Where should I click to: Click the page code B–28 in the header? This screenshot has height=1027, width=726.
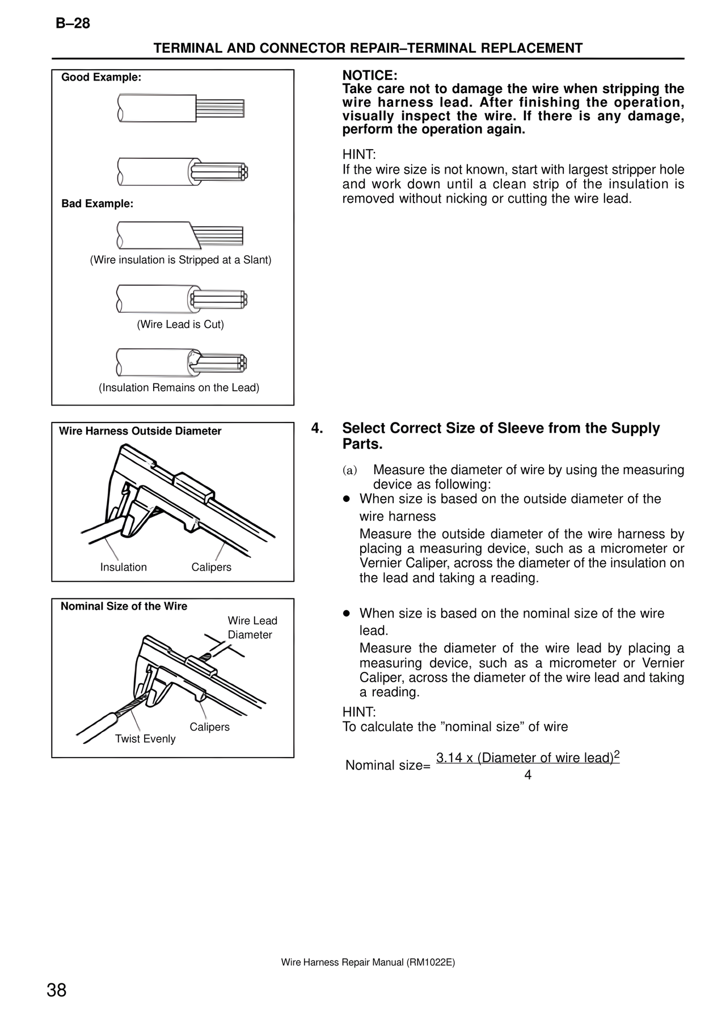click(73, 24)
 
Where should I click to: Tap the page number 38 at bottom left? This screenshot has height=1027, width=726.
click(57, 991)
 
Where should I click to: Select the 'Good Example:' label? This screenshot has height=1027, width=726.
click(101, 78)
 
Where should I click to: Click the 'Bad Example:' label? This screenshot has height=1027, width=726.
click(97, 204)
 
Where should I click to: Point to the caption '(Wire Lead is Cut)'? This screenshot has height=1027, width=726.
click(180, 324)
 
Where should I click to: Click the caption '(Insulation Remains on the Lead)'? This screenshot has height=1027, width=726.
click(179, 388)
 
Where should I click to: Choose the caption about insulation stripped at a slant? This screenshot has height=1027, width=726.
click(180, 260)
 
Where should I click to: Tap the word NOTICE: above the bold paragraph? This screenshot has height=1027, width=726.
click(370, 75)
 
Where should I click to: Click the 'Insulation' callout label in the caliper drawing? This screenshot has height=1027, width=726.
click(123, 567)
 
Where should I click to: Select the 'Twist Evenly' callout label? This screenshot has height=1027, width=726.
click(145, 739)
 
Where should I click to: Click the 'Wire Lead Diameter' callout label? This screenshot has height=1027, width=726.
click(252, 628)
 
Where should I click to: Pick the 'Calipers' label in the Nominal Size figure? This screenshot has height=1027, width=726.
click(209, 727)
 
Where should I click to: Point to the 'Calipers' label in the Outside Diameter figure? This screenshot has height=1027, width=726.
click(211, 567)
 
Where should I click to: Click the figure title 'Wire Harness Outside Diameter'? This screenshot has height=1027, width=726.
click(140, 431)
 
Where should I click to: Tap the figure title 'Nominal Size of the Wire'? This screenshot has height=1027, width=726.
click(124, 606)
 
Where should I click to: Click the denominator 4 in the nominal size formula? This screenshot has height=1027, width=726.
click(527, 775)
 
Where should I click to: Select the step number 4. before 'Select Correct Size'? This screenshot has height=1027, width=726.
click(318, 428)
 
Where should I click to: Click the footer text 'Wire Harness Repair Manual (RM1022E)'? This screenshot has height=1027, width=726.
click(368, 962)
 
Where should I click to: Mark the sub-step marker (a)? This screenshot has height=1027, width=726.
click(350, 471)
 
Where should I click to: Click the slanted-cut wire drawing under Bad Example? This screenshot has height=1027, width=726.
click(180, 235)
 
